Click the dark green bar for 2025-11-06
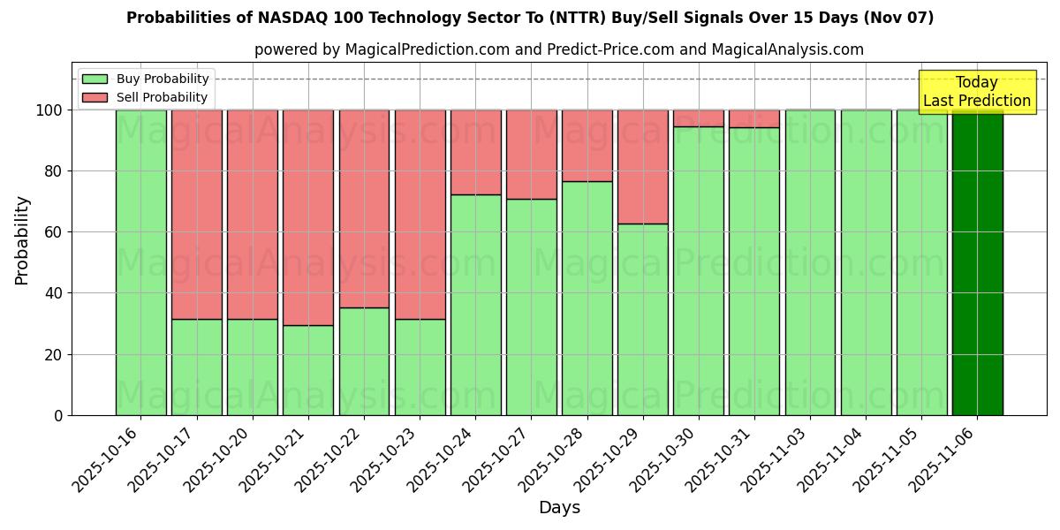click(x=977, y=262)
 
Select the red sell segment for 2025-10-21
click(x=308, y=217)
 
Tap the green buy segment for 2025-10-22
click(x=364, y=361)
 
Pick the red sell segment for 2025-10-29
click(x=643, y=167)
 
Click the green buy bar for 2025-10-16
click(x=140, y=262)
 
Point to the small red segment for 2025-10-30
click(x=699, y=118)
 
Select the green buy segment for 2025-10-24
click(x=475, y=305)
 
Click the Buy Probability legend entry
click(x=145, y=79)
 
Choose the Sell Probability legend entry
click(x=145, y=97)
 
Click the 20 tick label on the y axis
click(x=54, y=354)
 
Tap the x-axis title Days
click(x=559, y=508)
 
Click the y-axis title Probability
click(x=22, y=239)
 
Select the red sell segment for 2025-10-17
click(x=196, y=215)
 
